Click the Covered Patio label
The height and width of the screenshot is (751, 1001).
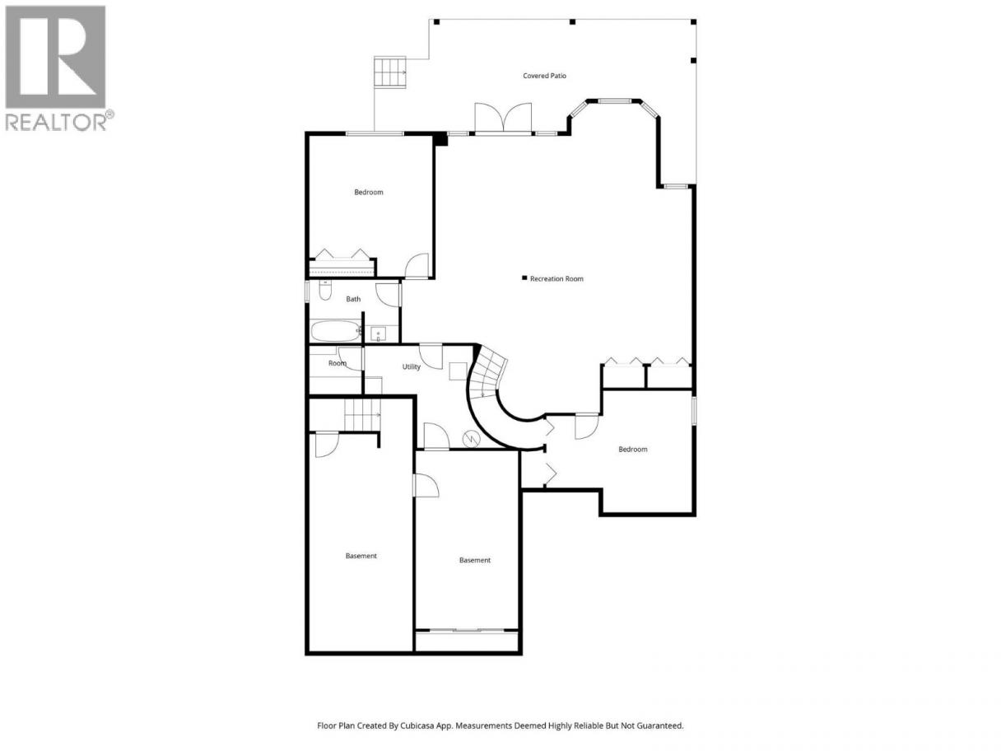pos(544,76)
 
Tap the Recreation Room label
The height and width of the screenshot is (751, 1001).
pos(556,278)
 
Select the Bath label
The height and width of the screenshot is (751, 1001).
pos(353,299)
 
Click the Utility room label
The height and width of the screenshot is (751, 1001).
pos(411,366)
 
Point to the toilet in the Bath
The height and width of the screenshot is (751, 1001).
pos(325,290)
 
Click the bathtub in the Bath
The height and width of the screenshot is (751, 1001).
pos(336,331)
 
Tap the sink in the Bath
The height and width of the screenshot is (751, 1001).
pos(378,334)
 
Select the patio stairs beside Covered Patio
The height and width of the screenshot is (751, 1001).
pos(390,72)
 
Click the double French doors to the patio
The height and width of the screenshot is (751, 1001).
pos(503,118)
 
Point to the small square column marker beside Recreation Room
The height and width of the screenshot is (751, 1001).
pos(524,278)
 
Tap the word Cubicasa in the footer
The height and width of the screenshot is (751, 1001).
pos(417,725)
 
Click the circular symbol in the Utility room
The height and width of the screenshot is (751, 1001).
pos(472,439)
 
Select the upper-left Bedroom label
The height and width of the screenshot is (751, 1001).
pos(369,193)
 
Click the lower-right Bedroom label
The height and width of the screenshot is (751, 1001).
pos(632,449)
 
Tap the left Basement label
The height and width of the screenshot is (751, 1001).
pos(361,556)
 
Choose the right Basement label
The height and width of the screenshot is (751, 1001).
pos(475,560)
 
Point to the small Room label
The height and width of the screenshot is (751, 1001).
pos(338,363)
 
